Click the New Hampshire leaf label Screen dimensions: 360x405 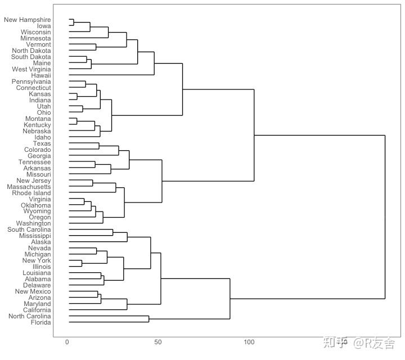28,20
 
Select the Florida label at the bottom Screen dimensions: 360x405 41,322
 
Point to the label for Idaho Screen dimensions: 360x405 43,137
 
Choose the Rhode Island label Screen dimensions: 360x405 31,193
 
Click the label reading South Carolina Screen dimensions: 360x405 29,229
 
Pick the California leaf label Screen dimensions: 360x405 37,310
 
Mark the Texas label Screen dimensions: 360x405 42,143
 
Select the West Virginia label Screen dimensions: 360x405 32,69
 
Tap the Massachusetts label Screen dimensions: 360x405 29,187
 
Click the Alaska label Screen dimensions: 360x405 41,242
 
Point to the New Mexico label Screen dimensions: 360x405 33,291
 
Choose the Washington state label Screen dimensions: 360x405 34,223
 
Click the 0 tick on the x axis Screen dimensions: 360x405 67,342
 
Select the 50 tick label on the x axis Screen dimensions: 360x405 158,342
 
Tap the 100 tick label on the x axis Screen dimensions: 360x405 249,342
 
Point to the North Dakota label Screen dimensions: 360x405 31,51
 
